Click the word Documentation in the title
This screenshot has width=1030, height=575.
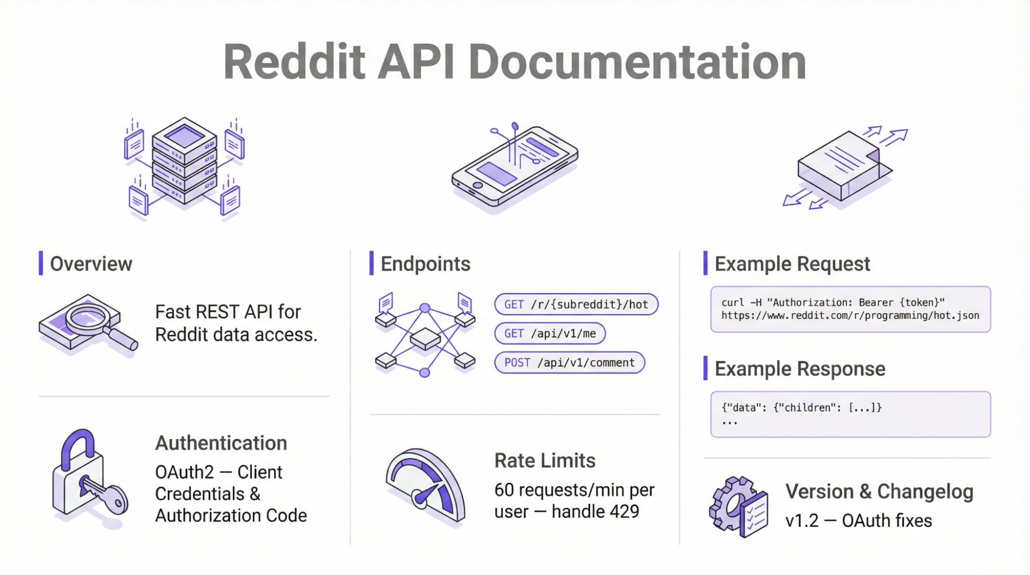click(x=637, y=62)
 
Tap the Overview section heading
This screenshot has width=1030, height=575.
click(x=91, y=264)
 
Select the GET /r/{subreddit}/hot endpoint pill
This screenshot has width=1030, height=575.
click(x=576, y=305)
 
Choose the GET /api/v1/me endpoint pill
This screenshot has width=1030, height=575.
click(x=549, y=333)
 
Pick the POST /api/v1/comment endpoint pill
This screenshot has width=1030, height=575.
click(x=569, y=363)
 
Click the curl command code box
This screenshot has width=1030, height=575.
click(x=850, y=309)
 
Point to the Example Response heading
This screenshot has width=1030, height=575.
click(x=800, y=369)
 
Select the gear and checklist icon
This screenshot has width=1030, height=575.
click(x=738, y=506)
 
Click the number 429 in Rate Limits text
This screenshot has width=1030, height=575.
click(x=624, y=512)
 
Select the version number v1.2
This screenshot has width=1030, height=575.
click(x=802, y=521)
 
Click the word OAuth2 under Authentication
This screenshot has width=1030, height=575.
click(x=184, y=472)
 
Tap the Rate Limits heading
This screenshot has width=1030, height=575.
click(x=545, y=461)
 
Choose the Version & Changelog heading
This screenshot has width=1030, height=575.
click(x=879, y=492)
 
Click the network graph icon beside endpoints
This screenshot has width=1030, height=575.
click(x=425, y=335)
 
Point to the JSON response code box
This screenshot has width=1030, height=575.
click(x=850, y=414)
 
